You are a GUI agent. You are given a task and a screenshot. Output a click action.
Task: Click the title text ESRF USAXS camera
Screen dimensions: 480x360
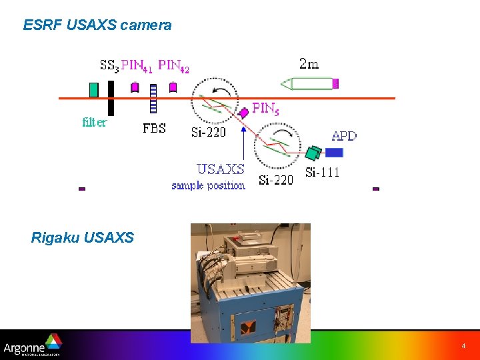pos(97,25)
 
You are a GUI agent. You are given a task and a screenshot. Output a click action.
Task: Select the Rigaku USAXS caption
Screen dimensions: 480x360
pos(82,237)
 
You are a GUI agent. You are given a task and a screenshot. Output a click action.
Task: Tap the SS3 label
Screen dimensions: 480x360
pos(109,65)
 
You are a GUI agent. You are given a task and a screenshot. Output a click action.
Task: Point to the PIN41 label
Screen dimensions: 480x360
pos(137,65)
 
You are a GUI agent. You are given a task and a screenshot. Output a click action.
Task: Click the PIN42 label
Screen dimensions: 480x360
pos(173,65)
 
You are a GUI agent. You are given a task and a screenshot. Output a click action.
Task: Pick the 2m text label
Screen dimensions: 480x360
pos(308,64)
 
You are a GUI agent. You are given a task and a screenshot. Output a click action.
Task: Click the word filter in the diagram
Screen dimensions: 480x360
pos(94,122)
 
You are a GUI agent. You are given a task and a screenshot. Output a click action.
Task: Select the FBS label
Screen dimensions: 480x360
pos(154,129)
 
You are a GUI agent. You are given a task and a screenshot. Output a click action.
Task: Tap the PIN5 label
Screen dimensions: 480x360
pos(264,108)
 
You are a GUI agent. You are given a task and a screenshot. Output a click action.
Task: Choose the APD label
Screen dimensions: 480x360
pos(344,136)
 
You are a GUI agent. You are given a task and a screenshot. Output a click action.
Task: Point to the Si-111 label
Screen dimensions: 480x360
pos(322,172)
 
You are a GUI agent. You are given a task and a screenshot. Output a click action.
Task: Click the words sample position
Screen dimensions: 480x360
pos(208,185)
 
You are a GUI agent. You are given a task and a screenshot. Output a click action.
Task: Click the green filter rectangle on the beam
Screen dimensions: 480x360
pos(93,89)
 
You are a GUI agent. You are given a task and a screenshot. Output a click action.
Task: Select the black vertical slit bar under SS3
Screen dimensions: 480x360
pos(111,98)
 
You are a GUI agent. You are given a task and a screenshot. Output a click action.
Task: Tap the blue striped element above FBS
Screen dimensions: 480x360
pos(153,99)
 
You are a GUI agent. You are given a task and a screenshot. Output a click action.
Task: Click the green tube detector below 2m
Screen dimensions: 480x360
pos(311,84)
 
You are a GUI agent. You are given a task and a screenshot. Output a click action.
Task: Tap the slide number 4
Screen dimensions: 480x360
pos(463,347)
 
